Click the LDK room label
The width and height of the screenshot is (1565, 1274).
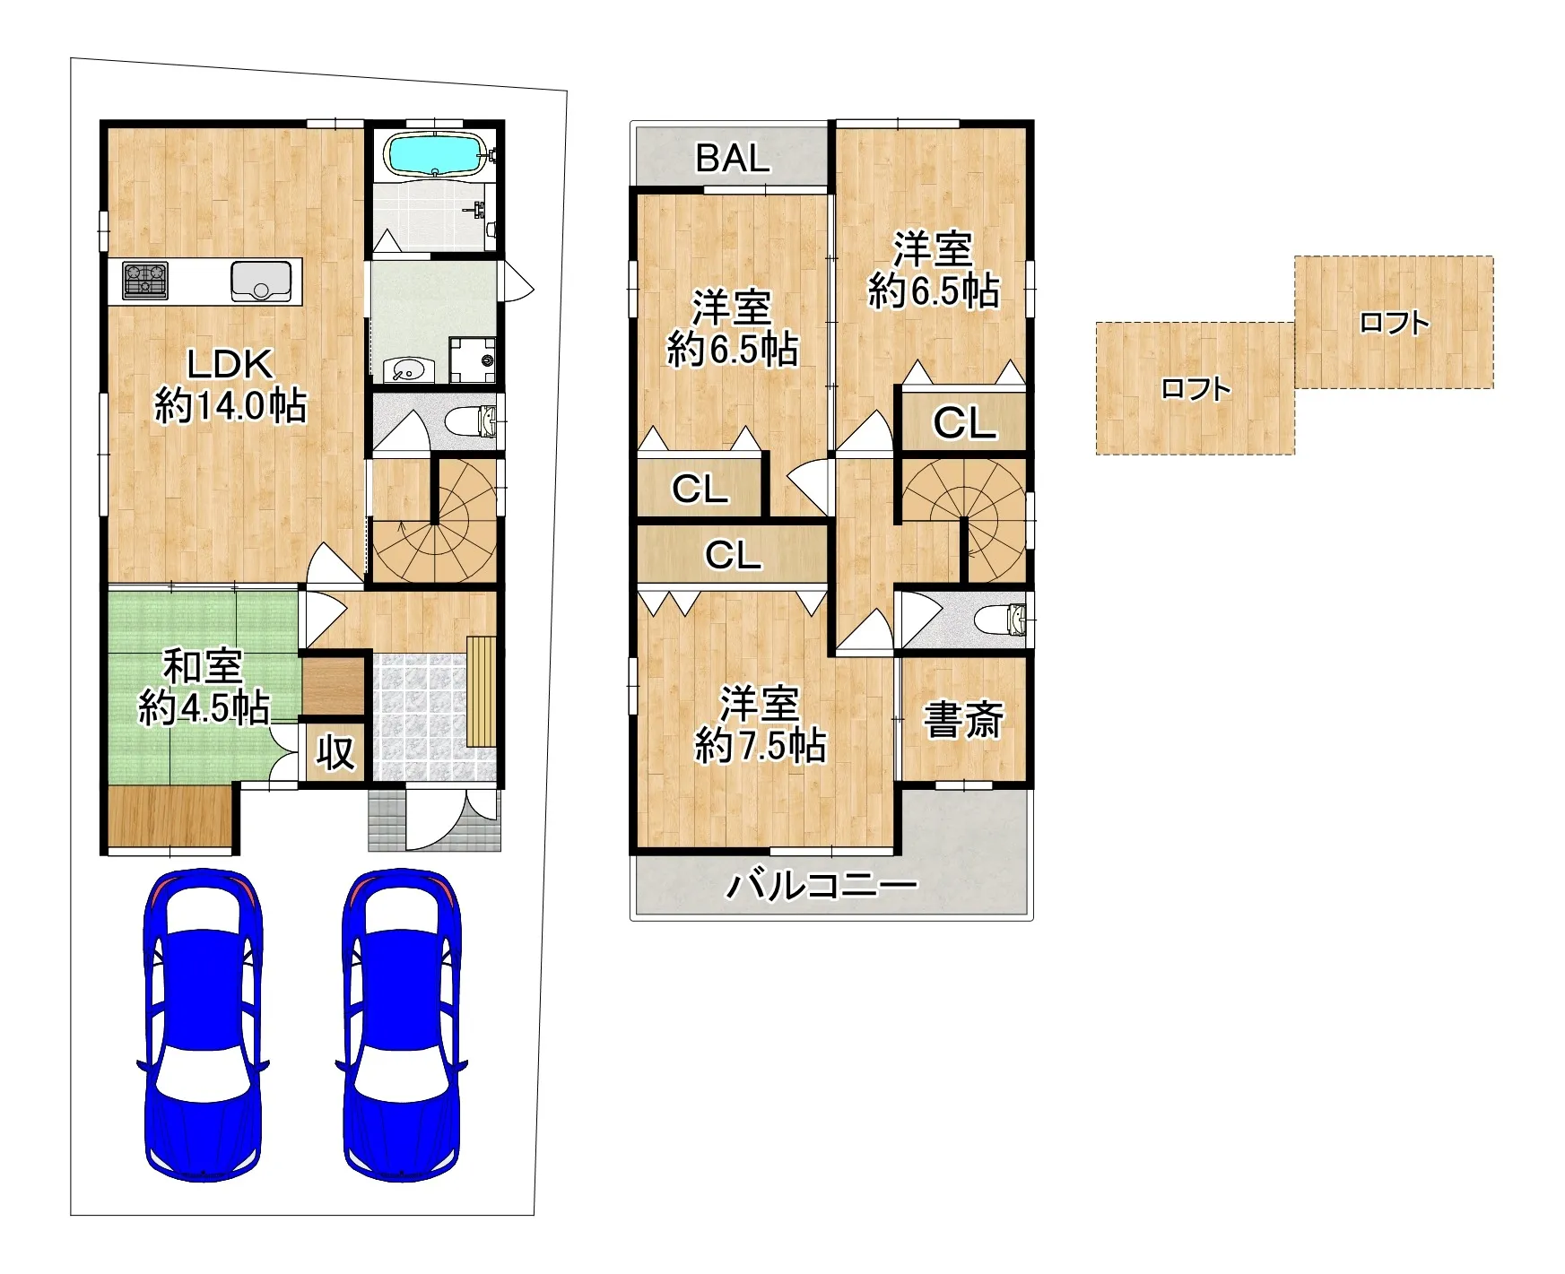230,365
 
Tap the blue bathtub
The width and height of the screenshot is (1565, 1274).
436,153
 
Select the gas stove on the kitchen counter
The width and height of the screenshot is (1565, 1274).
145,280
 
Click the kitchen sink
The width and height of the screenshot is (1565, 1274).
261,281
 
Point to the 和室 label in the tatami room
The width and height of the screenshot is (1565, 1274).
204,668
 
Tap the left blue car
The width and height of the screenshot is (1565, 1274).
203,1025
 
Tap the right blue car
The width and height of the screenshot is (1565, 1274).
401,1025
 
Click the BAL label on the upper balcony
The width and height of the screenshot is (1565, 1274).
733,159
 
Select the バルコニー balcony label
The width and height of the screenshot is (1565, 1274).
822,886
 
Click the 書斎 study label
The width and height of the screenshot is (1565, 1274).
963,720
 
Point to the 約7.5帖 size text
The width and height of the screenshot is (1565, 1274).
761,745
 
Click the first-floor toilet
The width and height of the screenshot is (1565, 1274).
472,421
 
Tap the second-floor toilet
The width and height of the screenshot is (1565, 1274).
1002,620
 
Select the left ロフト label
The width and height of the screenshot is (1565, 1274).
1195,388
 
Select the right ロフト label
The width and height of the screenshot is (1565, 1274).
1394,322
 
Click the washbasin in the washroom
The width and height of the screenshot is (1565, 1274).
409,369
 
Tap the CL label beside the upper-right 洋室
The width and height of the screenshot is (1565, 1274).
964,422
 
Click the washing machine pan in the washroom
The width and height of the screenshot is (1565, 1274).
473,360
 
